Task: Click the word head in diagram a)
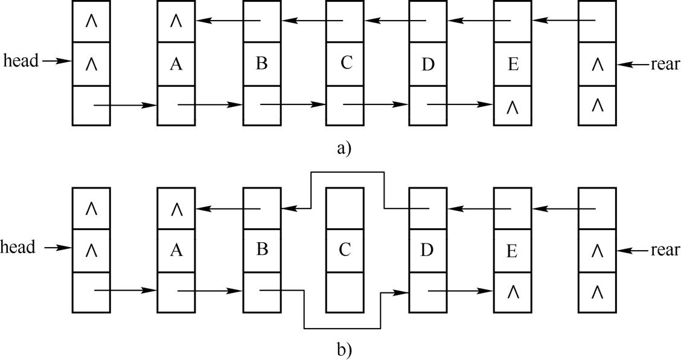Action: point(20,61)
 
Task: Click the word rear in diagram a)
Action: point(665,63)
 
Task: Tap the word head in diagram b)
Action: point(18,247)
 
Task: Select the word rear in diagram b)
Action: point(665,249)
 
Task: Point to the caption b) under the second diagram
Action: point(344,350)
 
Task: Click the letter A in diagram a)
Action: point(176,64)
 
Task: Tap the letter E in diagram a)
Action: point(513,64)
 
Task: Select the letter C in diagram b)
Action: point(345,249)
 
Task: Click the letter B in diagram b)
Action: point(261,249)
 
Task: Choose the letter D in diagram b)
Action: point(428,249)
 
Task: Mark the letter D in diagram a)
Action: point(428,64)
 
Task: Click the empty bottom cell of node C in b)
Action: point(345,291)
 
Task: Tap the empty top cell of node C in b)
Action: point(345,207)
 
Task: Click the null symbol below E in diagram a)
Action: point(513,106)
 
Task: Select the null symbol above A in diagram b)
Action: point(176,209)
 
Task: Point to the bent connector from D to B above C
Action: point(347,172)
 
